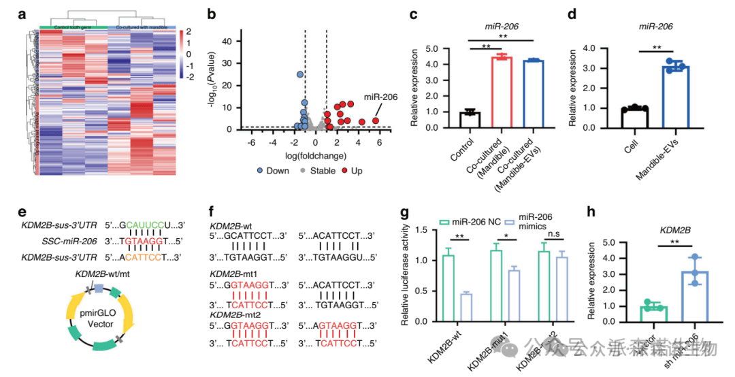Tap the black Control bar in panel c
(x=469, y=119)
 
